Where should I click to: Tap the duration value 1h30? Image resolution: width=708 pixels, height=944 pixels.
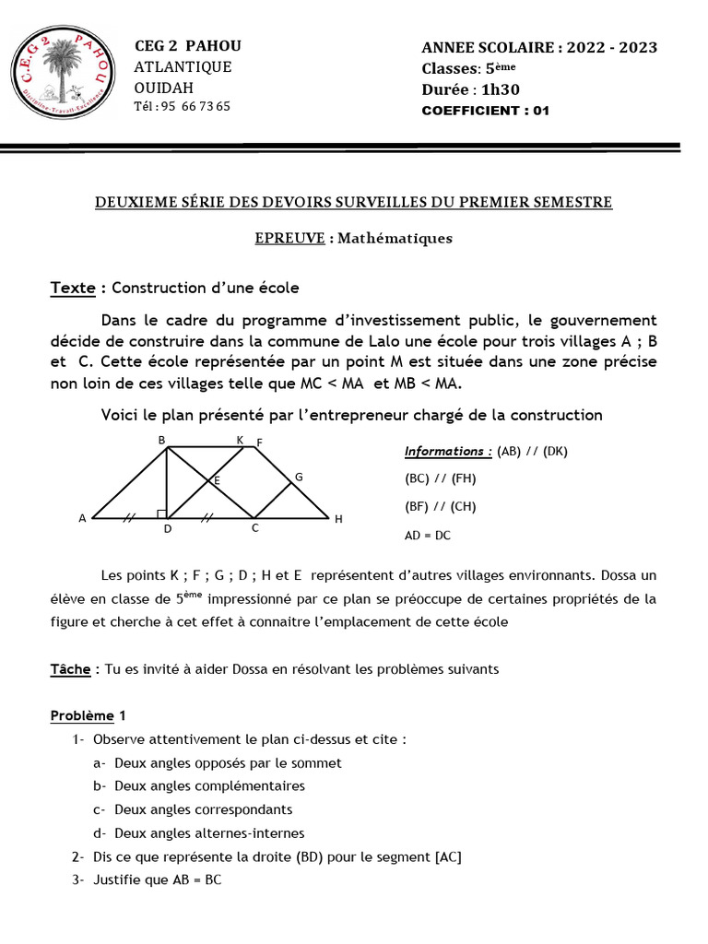(x=502, y=89)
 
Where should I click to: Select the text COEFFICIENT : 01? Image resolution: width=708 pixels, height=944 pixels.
(x=485, y=111)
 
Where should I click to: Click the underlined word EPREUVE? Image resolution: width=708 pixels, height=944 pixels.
(x=289, y=238)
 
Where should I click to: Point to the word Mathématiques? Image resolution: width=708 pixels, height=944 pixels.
(x=395, y=238)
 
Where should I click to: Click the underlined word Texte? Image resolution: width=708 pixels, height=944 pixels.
(x=73, y=288)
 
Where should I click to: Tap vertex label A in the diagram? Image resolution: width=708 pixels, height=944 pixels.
(x=82, y=519)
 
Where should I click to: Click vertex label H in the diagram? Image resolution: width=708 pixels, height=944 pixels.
(x=338, y=520)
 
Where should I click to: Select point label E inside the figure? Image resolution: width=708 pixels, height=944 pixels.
(x=218, y=480)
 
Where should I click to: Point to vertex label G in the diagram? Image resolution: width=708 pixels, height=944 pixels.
(x=298, y=477)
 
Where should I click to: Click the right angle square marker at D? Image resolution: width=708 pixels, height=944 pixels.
(x=162, y=513)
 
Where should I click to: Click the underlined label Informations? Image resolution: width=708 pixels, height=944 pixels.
(x=448, y=452)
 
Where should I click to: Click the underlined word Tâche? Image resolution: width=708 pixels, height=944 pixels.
(x=70, y=669)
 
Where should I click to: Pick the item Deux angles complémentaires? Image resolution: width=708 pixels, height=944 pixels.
(x=209, y=785)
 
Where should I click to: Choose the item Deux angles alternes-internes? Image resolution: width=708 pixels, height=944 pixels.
(x=209, y=832)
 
